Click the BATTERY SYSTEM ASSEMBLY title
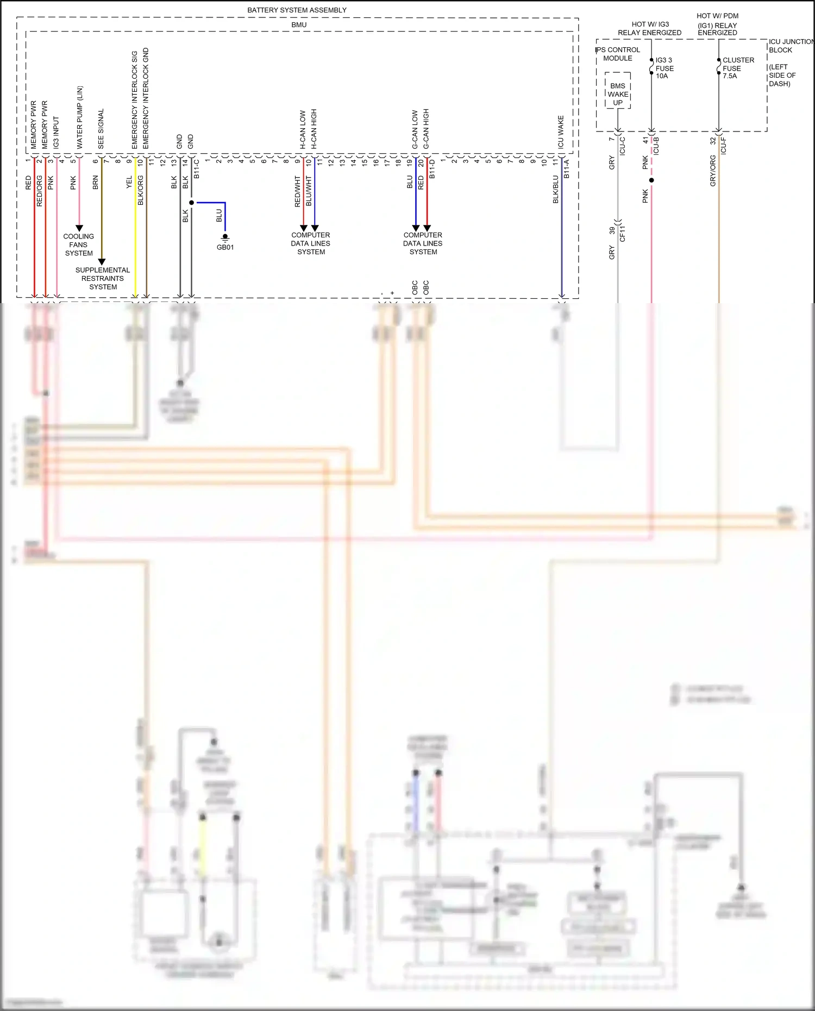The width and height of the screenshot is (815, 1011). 297,10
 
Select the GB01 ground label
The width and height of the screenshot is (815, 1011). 225,247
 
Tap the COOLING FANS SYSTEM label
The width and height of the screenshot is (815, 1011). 79,244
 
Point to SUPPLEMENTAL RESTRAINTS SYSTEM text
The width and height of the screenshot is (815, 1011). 103,278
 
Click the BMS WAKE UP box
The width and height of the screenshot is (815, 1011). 618,94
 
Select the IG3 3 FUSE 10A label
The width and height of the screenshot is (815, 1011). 664,68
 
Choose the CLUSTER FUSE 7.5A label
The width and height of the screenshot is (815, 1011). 737,68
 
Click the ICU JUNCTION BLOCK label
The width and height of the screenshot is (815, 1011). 790,46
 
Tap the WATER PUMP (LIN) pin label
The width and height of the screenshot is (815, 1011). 80,117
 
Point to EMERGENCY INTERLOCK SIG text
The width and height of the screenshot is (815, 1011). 135,100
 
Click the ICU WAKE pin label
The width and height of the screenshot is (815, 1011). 561,132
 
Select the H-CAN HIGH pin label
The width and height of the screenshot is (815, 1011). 314,129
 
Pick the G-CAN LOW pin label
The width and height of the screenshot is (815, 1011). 415,129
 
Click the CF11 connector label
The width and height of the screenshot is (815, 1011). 623,234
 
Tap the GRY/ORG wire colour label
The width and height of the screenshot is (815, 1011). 713,171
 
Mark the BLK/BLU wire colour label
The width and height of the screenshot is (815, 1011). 556,189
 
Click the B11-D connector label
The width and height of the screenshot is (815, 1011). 432,169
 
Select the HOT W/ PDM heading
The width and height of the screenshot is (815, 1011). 717,16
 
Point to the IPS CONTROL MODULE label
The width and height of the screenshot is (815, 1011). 618,54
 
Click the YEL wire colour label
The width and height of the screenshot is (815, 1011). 129,183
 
